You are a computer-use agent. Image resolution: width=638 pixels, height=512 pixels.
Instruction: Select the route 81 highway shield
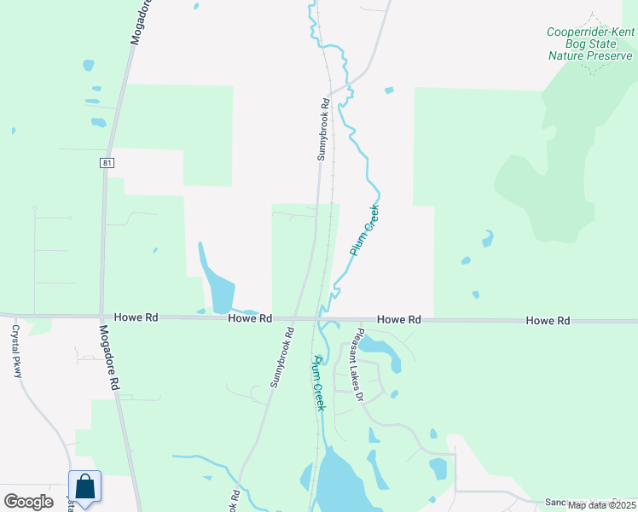[x=106, y=162]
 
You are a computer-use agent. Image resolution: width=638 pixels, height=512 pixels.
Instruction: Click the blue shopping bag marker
[x=85, y=487]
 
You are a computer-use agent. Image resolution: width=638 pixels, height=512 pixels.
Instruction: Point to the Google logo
[x=28, y=502]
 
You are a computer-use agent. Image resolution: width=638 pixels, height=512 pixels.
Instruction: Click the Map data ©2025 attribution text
[x=601, y=505]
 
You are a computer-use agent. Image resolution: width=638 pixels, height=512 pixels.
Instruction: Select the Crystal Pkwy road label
[x=15, y=350]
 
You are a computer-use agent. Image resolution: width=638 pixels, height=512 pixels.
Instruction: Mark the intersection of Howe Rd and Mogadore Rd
[x=101, y=317]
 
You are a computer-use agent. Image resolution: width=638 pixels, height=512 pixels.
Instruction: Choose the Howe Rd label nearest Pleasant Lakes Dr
[x=399, y=319]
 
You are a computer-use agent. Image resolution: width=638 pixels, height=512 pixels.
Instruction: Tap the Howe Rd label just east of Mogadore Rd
[x=140, y=317]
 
